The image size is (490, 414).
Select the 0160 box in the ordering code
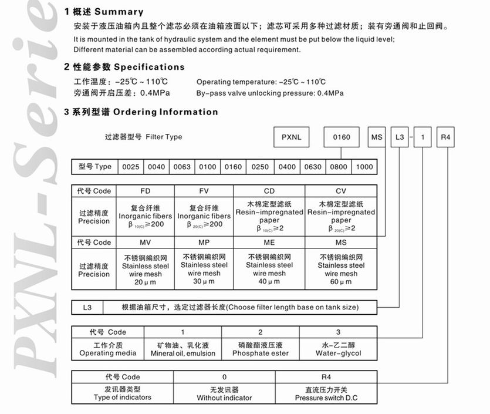[342, 137]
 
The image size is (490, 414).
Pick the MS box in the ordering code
[376, 137]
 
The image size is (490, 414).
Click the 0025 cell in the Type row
[130, 167]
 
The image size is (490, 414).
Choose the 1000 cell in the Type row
[364, 167]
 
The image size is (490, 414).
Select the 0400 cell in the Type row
[287, 167]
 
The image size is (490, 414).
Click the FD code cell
[146, 191]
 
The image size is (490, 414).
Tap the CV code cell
[341, 191]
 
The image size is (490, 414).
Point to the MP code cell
[204, 243]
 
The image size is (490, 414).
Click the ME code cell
[269, 243]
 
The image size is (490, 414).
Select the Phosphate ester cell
[261, 349]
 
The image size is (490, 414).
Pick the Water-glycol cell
[338, 349]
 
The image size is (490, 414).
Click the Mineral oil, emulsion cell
[183, 349]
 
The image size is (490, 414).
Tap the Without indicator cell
[224, 393]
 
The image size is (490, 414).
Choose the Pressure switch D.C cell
[326, 393]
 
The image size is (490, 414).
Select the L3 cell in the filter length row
[87, 307]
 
